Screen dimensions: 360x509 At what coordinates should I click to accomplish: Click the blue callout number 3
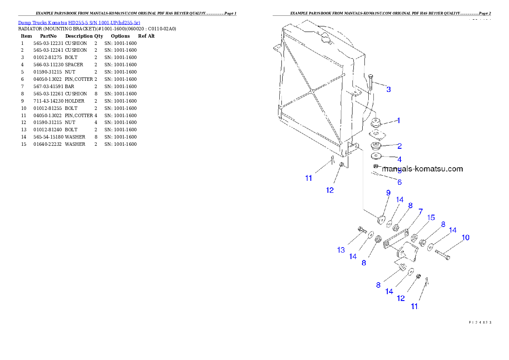(x=388, y=89)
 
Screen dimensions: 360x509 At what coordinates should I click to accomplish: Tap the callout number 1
(x=398, y=121)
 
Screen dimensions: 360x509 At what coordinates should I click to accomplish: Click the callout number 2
(x=399, y=146)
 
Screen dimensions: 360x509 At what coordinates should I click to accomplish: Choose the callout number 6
(x=400, y=182)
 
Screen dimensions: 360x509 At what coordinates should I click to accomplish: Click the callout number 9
(x=388, y=193)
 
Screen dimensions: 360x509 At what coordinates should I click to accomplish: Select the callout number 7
(x=420, y=212)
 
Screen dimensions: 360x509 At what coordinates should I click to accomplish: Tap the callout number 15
(x=431, y=218)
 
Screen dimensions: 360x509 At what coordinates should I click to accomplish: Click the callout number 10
(x=465, y=237)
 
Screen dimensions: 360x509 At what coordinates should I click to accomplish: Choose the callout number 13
(x=341, y=250)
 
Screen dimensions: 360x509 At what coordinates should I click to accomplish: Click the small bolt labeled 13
(x=362, y=230)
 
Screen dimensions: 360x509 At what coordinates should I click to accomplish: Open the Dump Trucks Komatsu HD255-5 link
(x=79, y=22)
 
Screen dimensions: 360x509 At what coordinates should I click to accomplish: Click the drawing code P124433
(x=479, y=322)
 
